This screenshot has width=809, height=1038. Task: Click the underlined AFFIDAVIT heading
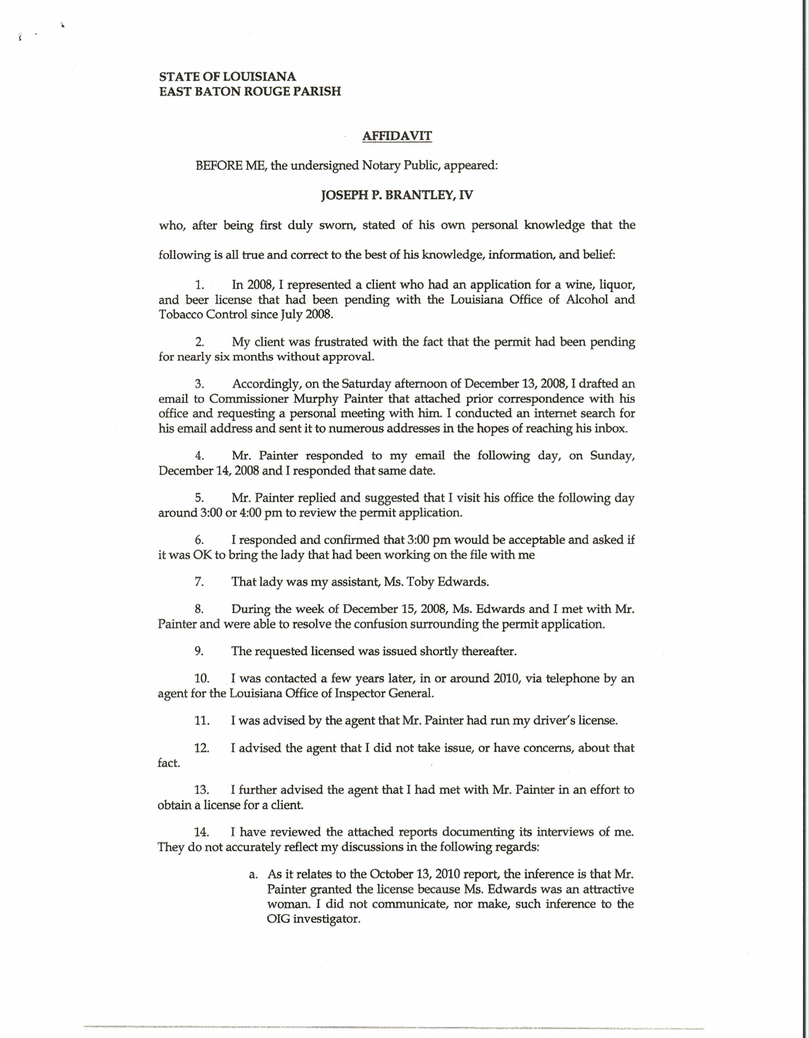pos(397,136)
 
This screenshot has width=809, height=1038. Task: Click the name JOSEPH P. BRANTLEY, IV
pos(397,195)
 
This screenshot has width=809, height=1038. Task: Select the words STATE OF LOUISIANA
pos(228,77)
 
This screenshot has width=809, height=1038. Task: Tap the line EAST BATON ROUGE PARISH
pos(250,91)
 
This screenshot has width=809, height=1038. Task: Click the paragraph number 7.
pos(200,582)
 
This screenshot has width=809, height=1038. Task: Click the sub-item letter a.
pos(253,874)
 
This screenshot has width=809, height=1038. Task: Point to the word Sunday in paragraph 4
pos(612,455)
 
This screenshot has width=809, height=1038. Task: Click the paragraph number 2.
pos(200,342)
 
